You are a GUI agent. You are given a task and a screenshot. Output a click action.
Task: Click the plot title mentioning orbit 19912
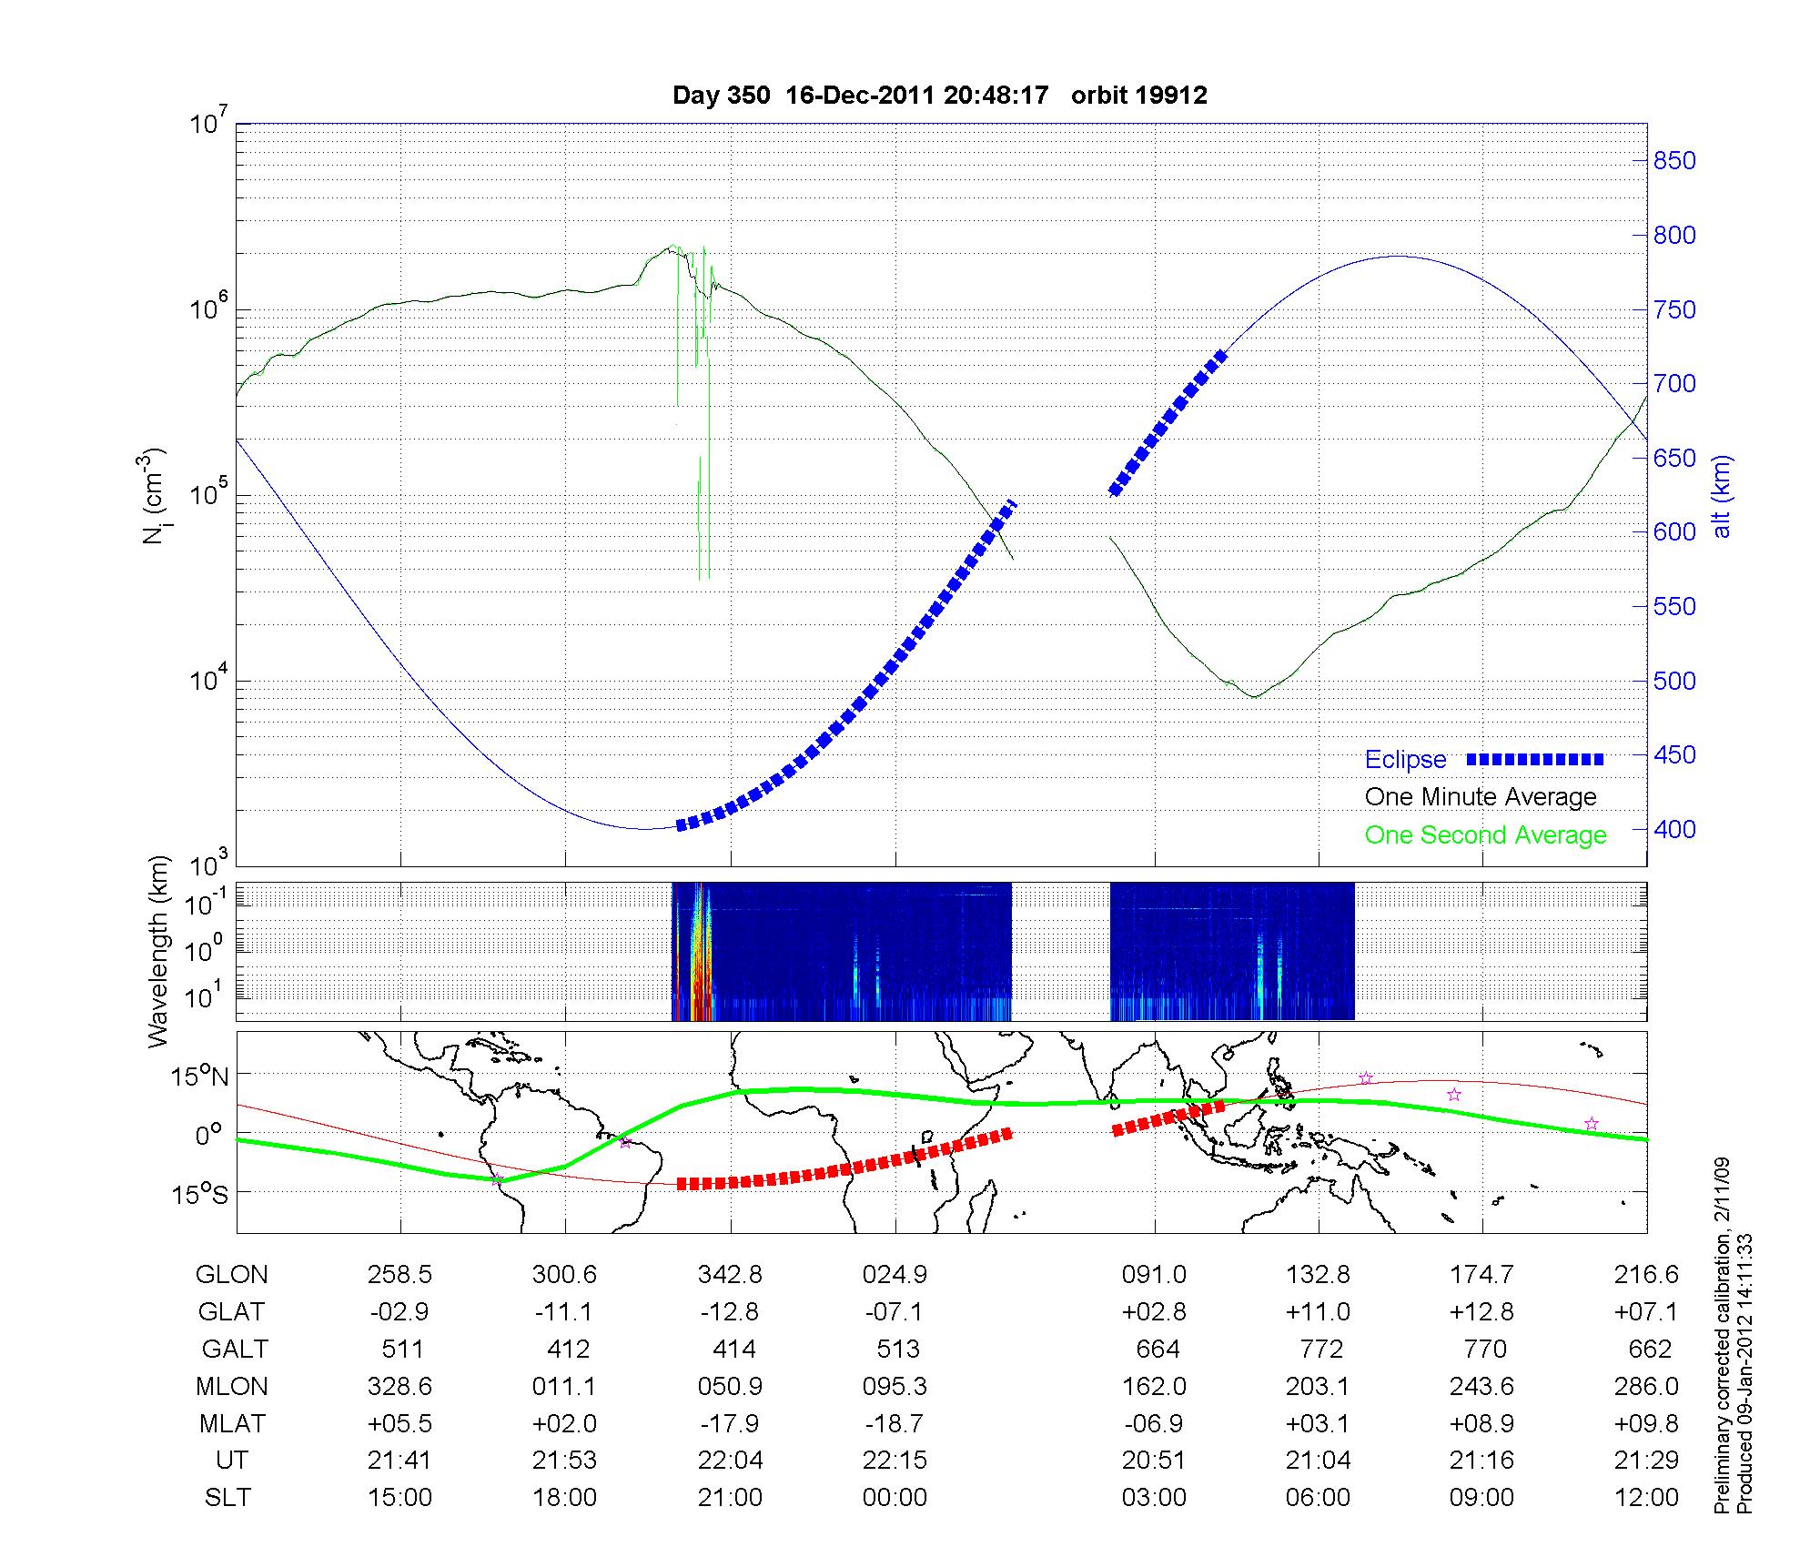[939, 96]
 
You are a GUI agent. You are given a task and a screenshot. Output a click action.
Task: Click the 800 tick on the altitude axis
[1674, 236]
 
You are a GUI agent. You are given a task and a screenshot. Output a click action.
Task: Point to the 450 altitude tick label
[1674, 755]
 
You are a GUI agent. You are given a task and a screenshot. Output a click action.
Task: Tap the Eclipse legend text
[1405, 760]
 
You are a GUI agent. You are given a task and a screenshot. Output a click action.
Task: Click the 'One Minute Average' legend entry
[1481, 797]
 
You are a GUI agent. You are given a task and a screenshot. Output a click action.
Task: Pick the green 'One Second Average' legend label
[1485, 835]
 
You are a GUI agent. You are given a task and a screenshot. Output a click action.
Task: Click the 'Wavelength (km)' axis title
[158, 951]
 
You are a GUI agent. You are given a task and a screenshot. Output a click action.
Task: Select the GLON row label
[231, 1275]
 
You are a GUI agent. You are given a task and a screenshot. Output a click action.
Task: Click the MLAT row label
[231, 1423]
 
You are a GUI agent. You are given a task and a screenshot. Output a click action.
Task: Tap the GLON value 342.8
[730, 1275]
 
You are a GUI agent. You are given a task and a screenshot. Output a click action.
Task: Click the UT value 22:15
[895, 1461]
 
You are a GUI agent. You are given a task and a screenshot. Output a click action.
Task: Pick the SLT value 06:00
[1318, 1498]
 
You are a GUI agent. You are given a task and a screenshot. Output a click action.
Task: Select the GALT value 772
[1320, 1349]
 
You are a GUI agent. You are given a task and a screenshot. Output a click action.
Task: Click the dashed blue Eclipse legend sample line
[1535, 760]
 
